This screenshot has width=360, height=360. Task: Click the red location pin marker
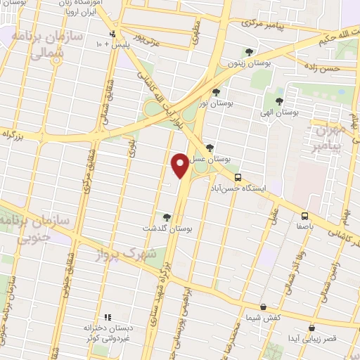click(x=181, y=165)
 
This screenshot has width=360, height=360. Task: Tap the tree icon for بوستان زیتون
click(x=249, y=51)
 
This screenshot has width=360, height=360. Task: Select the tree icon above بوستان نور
click(x=216, y=91)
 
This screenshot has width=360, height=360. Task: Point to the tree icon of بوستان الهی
click(x=279, y=101)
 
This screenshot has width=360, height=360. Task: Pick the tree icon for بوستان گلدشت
click(x=167, y=217)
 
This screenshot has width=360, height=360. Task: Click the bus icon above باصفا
click(x=305, y=216)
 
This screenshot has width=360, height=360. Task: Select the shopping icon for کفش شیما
click(x=263, y=307)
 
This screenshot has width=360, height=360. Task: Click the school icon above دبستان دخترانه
click(x=108, y=317)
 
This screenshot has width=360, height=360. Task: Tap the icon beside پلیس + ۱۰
click(x=112, y=34)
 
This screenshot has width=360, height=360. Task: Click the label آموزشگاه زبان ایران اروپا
click(x=75, y=8)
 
